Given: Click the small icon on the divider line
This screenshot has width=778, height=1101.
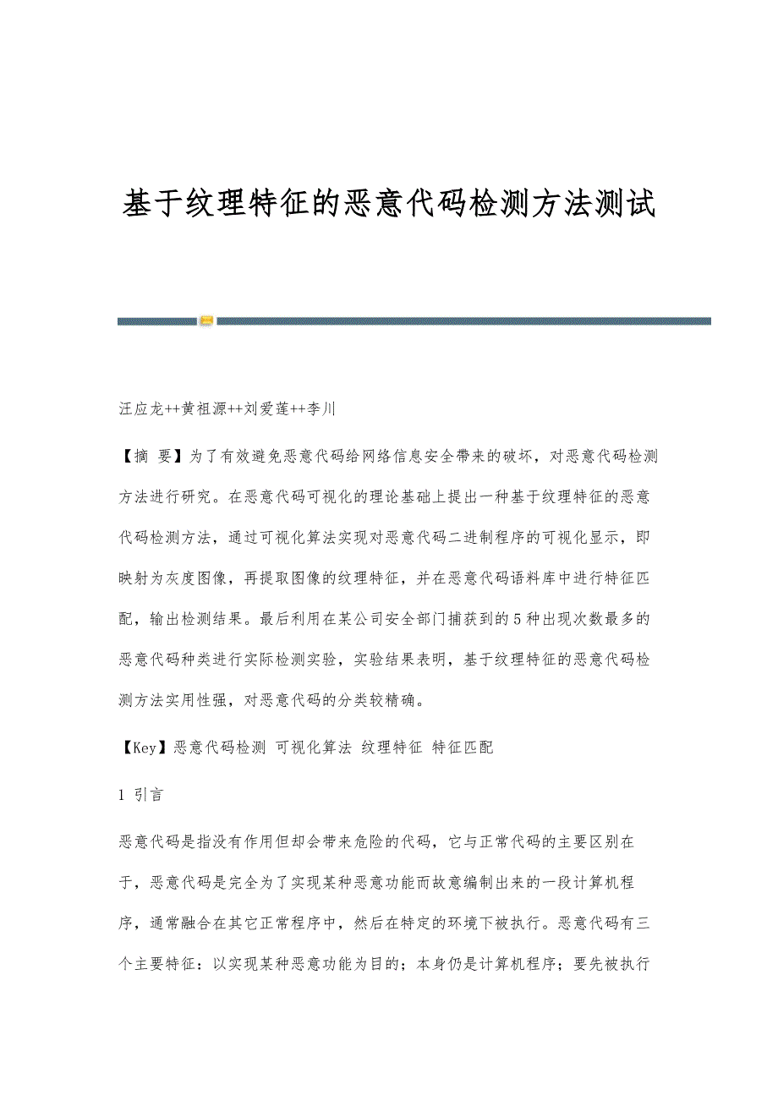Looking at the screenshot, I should tap(206, 320).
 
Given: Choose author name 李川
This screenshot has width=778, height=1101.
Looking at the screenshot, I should tap(324, 409).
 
